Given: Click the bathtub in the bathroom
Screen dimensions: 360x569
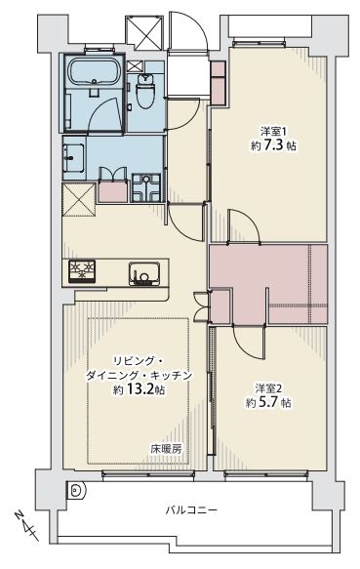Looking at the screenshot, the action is (95, 72).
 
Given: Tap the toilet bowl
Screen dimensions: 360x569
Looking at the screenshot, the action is (145, 92).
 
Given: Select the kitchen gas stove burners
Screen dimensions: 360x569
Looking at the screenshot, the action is (82, 271).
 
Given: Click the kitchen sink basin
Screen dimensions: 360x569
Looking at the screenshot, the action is (143, 273).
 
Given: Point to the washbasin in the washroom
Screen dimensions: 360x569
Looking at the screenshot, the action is (74, 158).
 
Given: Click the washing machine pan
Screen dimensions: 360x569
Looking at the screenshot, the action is (146, 187).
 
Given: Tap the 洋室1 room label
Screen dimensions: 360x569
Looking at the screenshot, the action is (270, 131).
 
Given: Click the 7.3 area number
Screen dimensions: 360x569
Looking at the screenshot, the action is (273, 145).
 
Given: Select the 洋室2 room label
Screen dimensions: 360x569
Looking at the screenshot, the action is (268, 388).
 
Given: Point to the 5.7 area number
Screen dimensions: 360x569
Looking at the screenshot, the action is (268, 403).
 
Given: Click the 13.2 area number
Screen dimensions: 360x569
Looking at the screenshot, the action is (140, 389).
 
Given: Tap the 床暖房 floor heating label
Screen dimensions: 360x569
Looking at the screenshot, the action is (166, 449).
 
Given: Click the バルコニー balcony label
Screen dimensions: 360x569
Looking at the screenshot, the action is (191, 510).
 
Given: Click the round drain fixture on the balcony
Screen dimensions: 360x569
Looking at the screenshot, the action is (76, 491).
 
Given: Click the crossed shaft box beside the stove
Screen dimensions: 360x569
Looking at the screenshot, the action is (79, 199).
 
